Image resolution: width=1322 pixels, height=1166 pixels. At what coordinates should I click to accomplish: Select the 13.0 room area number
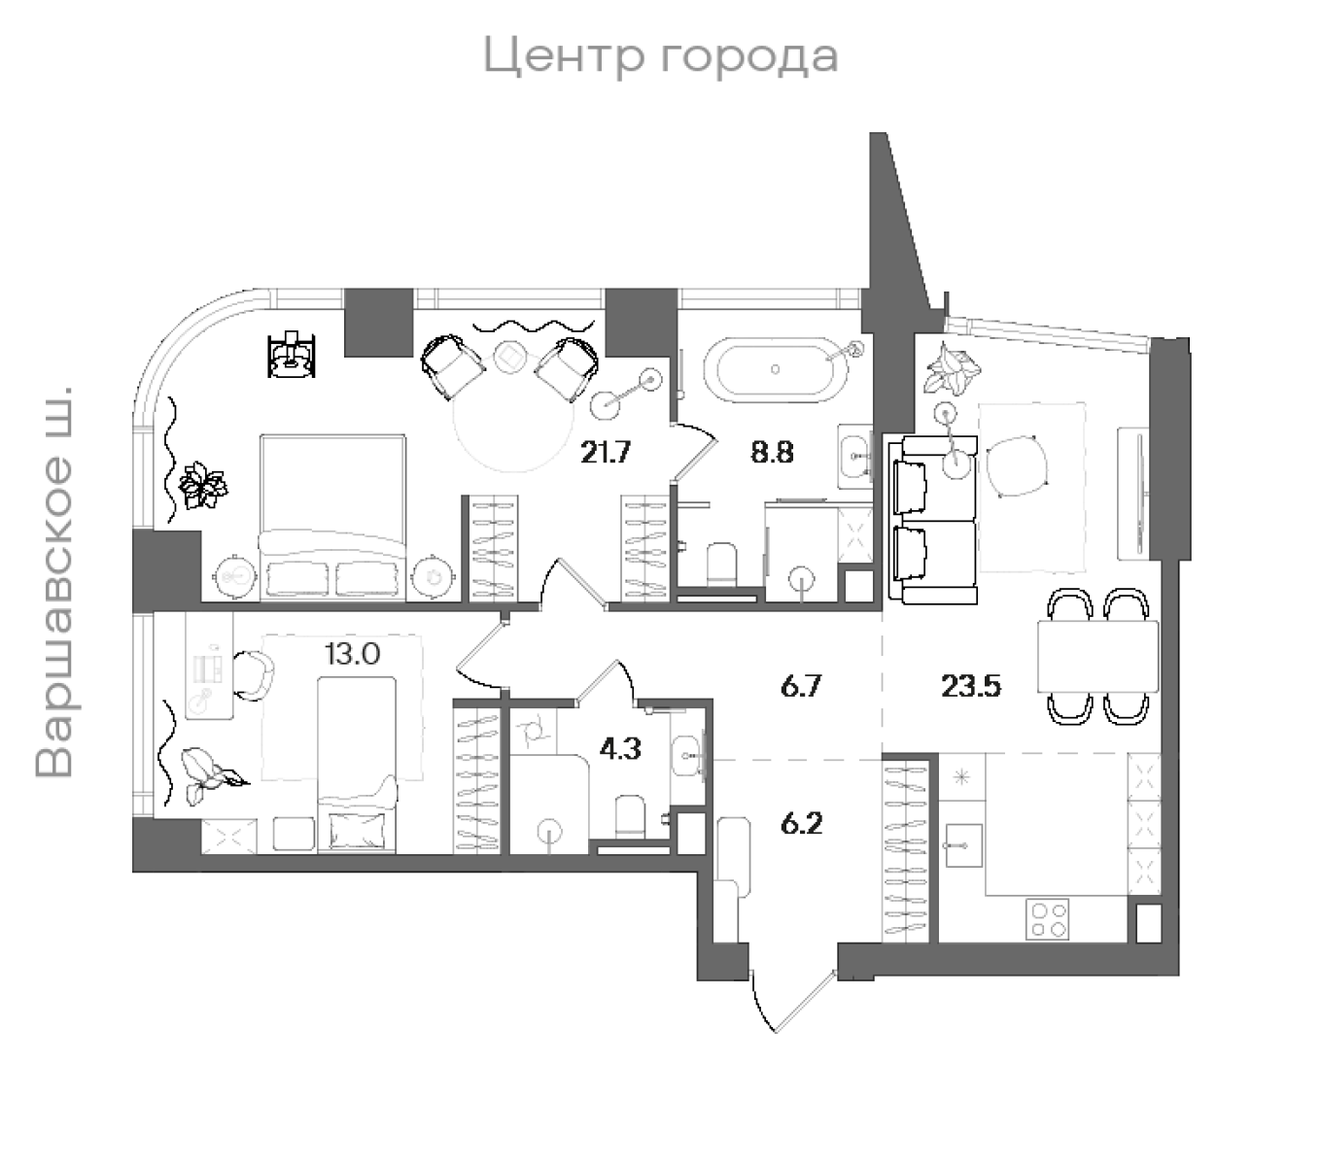[x=352, y=654]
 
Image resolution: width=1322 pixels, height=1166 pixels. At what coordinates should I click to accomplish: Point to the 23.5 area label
[x=971, y=687]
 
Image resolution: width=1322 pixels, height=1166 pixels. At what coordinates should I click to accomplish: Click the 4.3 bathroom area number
[x=620, y=750]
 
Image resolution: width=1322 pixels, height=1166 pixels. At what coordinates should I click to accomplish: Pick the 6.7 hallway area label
[x=802, y=687]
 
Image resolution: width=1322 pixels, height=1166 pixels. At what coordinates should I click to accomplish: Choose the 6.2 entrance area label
[x=802, y=824]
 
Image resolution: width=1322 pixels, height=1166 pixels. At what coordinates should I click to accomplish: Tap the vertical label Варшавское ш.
[x=55, y=583]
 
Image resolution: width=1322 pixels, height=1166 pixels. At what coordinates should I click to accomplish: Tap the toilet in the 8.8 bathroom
[x=721, y=564]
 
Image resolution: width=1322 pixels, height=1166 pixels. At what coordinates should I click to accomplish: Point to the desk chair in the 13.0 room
[x=255, y=673]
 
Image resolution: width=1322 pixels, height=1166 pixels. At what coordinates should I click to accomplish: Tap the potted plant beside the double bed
[x=203, y=483]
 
